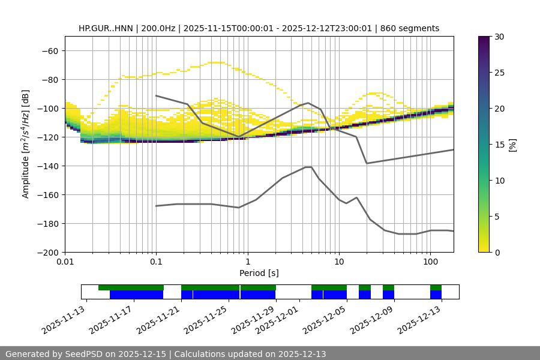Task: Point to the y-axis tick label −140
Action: tap(48, 166)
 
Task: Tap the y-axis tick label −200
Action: tap(48, 252)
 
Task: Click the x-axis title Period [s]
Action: tap(259, 273)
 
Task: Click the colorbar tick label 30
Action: tap(499, 37)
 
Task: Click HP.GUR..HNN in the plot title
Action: tap(106, 28)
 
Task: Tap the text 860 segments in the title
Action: tap(413, 28)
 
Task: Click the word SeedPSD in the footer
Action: tap(82, 354)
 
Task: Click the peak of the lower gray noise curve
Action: tap(308, 167)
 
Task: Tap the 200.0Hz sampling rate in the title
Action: tap(159, 28)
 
